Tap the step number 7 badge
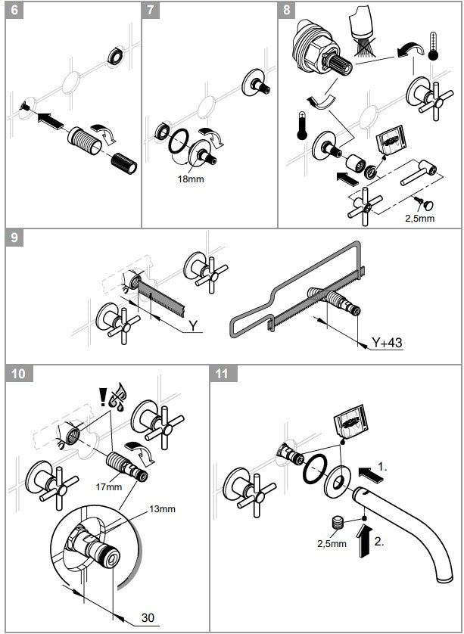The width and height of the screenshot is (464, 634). click(x=151, y=10)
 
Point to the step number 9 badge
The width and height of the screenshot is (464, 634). click(x=15, y=238)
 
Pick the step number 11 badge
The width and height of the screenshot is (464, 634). click(x=222, y=374)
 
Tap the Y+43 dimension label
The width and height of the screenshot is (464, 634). click(x=387, y=343)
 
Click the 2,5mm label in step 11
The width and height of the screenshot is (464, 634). click(x=332, y=543)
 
